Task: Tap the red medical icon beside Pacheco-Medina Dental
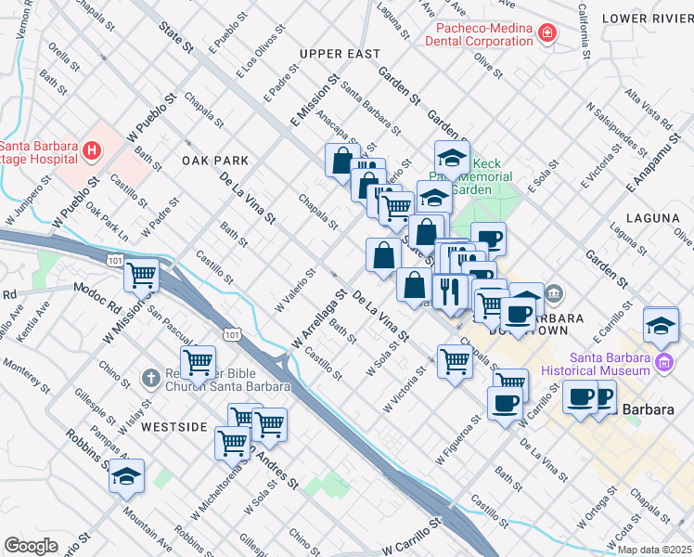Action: point(547,34)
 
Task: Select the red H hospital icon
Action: point(91,149)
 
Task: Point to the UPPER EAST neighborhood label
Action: point(340,54)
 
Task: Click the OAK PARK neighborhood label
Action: point(214,161)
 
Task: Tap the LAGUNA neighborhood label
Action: point(652,218)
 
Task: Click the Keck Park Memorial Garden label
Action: point(480,176)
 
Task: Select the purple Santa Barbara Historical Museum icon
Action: point(663,362)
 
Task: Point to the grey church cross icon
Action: point(150,378)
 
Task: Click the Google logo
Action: point(31,545)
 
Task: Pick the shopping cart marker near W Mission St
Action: point(142,275)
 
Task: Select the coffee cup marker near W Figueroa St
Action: point(505,403)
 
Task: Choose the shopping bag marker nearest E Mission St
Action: point(342,160)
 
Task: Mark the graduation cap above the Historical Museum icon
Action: point(661,325)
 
